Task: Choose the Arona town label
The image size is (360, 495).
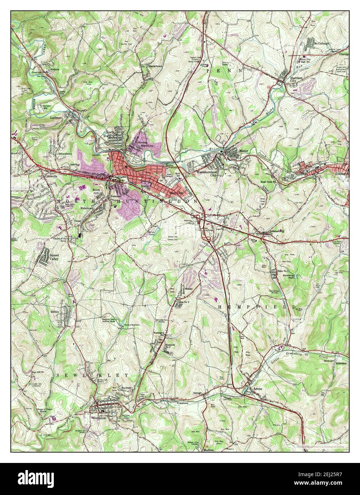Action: (257, 389)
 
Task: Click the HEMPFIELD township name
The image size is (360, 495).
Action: (257, 307)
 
